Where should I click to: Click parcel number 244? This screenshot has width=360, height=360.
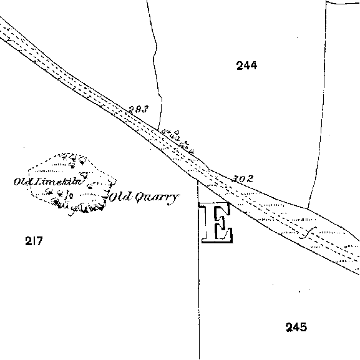coord(246,66)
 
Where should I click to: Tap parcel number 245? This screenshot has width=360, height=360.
coord(296,327)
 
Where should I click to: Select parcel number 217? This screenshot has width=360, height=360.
coord(34,241)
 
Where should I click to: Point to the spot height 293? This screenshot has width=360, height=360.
coord(139,110)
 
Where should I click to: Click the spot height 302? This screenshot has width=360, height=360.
coord(243,179)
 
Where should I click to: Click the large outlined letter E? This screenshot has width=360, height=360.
coord(217,222)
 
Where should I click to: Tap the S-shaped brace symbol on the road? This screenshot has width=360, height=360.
coord(308,233)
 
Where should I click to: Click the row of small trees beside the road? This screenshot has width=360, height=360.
coord(177,141)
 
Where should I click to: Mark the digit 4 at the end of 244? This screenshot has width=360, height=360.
coord(253,66)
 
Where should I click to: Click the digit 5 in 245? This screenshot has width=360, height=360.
coord(303,327)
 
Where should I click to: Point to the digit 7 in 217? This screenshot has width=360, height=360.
coord(39,241)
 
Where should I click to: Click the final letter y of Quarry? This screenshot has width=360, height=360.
coord(174,200)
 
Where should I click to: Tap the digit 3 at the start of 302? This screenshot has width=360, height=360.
coord(235,179)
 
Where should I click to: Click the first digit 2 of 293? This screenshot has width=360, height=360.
coord(131,110)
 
